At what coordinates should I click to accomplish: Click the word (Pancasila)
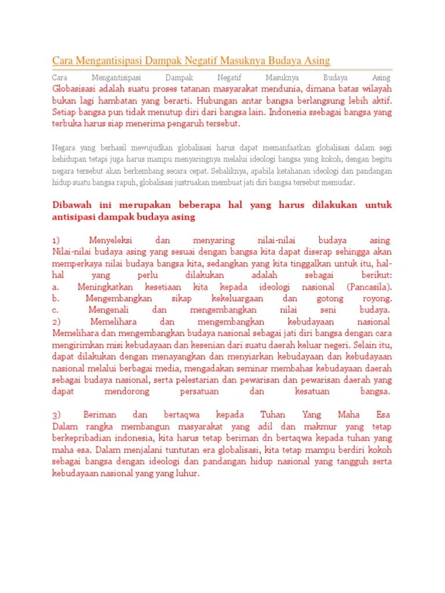pos(370,287)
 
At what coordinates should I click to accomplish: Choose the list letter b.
pos(56,298)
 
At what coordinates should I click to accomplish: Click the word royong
pos(377,298)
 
